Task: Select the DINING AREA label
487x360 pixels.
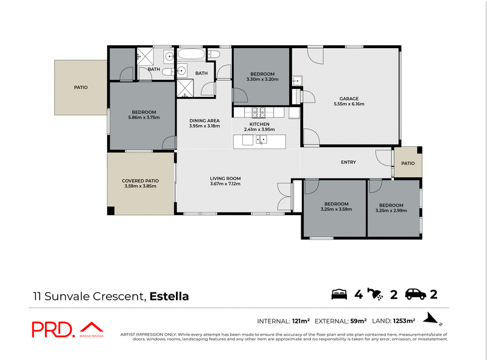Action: point(205,121)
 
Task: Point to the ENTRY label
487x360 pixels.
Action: point(348,162)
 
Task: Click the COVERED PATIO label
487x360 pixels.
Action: point(140,181)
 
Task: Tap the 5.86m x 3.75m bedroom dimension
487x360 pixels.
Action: point(144,118)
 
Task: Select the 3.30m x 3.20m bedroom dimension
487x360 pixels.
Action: point(262,79)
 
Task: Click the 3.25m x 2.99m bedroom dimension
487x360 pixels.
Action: point(391,210)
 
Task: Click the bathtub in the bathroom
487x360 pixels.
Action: point(191,54)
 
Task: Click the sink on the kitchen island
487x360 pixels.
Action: point(262,140)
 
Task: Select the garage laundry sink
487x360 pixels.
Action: point(297,81)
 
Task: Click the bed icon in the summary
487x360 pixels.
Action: point(339,295)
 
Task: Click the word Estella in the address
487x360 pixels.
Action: point(169,297)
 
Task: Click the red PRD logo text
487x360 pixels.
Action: point(53,330)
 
